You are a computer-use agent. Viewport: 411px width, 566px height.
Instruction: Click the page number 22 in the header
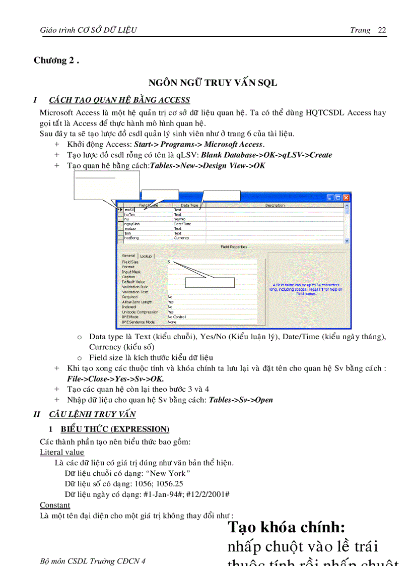tap(382, 30)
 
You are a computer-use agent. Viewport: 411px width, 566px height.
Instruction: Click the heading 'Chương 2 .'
tap(56, 60)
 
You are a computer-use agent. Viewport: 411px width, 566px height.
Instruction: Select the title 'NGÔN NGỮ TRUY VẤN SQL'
tap(213, 83)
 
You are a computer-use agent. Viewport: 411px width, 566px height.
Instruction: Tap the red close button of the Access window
tap(346, 198)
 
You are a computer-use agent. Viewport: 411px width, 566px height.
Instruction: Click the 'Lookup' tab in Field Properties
tap(146, 256)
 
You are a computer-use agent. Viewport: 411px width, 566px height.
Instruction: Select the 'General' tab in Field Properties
tap(128, 256)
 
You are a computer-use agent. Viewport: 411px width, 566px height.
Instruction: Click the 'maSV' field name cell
tap(129, 210)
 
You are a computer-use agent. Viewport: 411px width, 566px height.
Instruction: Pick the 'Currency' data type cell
tap(182, 237)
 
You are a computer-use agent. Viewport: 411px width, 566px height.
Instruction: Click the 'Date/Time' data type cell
tap(183, 224)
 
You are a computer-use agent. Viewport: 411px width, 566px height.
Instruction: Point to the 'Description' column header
tap(275, 205)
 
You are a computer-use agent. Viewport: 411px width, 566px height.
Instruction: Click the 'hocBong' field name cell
tap(131, 237)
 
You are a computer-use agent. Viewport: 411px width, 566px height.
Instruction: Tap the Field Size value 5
tap(169, 262)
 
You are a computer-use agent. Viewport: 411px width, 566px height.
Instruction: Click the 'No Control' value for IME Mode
tap(177, 317)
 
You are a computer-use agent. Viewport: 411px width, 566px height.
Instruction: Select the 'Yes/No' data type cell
tap(179, 219)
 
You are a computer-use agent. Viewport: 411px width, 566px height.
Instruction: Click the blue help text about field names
tap(305, 289)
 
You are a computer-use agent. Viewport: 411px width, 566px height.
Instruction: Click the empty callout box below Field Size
tap(210, 282)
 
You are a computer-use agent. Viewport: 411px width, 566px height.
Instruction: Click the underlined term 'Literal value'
tap(62, 452)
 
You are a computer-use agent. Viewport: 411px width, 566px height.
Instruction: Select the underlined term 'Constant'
tap(55, 505)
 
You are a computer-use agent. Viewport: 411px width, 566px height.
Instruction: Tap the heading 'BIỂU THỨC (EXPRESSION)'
tap(115, 429)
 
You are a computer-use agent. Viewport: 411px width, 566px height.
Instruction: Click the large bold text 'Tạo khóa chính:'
tap(286, 527)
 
